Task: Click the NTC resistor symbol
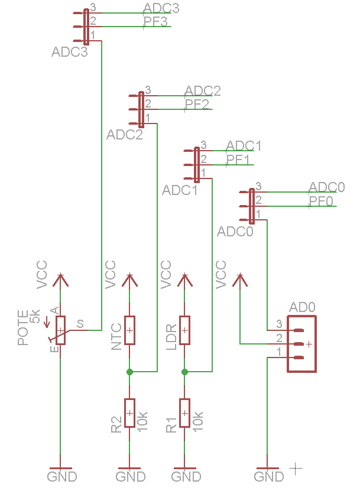point(130,330)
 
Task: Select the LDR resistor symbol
point(184,330)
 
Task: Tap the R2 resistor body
point(130,413)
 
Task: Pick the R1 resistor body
point(184,413)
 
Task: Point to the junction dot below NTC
point(130,372)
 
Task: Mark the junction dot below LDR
point(184,372)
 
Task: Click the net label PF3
point(156,22)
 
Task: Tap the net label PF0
point(321,201)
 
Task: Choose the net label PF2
point(197,105)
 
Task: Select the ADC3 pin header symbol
point(86,26)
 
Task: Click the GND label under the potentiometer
point(62,476)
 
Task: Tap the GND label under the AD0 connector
point(268,476)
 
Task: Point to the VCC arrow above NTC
point(129,279)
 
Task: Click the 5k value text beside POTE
point(35,317)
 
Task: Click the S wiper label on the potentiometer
point(80,324)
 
